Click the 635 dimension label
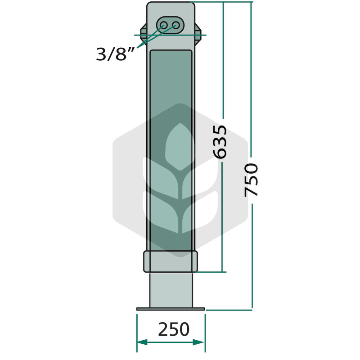point(220,142)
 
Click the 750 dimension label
point(251,180)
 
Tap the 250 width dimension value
point(174,329)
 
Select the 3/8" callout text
point(115,54)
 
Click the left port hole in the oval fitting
point(164,25)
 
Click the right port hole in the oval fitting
point(176,25)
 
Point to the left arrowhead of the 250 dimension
point(142,342)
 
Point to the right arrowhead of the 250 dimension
point(199,342)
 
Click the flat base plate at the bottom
point(171,309)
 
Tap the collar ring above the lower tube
point(171,262)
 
